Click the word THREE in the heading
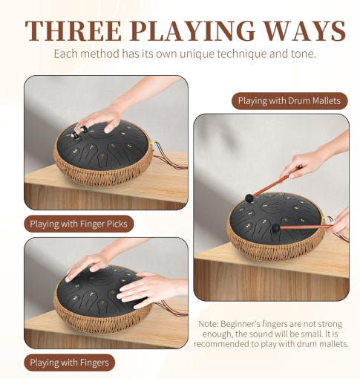pyautogui.click(x=73, y=30)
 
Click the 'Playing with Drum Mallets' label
pyautogui.click(x=289, y=101)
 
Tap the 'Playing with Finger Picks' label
pyautogui.click(x=79, y=224)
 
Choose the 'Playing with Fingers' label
pyautogui.click(x=70, y=363)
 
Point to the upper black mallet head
pyautogui.click(x=249, y=198)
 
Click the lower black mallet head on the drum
pyautogui.click(x=276, y=227)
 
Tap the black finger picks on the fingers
pyautogui.click(x=79, y=132)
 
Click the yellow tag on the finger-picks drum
pyautogui.click(x=153, y=143)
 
